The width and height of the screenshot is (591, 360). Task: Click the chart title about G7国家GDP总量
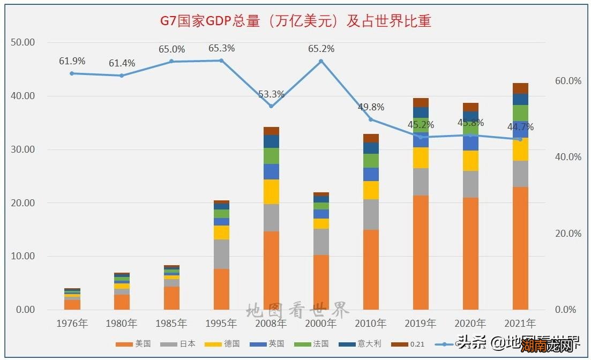point(296,21)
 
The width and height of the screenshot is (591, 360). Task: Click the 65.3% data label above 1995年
point(221,48)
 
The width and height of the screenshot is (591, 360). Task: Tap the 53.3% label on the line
point(271,94)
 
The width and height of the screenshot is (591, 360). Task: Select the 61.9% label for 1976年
point(72,61)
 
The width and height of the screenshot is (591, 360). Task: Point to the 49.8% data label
point(371,107)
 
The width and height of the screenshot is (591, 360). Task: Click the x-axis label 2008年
point(271,324)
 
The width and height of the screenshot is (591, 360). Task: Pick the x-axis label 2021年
point(520,324)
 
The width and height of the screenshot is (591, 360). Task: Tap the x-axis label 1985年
point(171,324)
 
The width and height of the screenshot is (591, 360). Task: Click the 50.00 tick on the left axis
point(23,42)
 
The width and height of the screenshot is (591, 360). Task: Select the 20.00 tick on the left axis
point(23,203)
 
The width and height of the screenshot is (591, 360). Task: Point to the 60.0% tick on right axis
point(568,81)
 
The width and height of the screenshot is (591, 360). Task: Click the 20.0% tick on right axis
point(568,234)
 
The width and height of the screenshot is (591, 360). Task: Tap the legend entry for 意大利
point(365,344)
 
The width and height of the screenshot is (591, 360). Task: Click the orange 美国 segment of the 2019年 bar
point(421,252)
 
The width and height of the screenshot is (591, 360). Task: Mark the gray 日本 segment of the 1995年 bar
point(221,254)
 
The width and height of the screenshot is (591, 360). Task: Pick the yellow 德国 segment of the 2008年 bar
point(271,192)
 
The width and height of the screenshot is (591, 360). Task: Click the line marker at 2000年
point(321,61)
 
